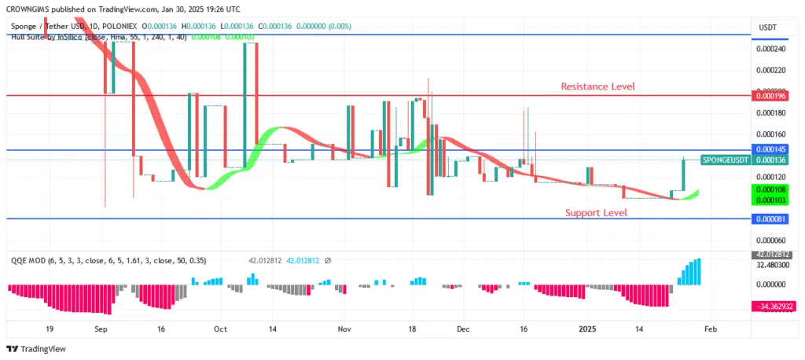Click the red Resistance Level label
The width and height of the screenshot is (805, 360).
click(597, 86)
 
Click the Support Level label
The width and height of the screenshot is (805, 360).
click(596, 213)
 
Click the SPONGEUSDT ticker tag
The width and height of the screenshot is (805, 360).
click(725, 160)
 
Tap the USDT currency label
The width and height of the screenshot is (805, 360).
click(767, 28)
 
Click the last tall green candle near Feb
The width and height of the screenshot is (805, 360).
click(684, 174)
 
